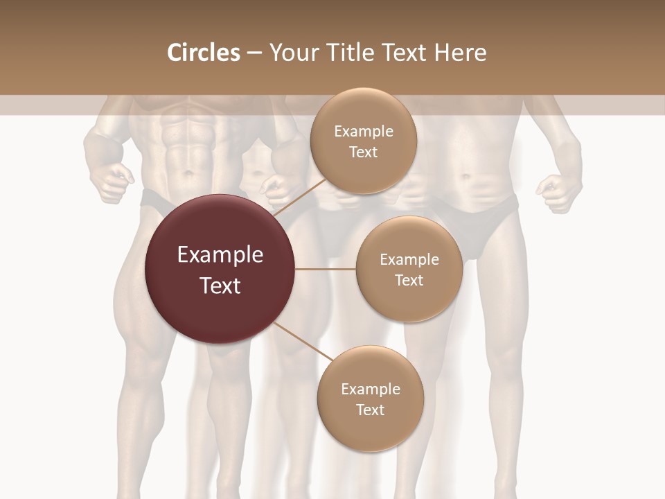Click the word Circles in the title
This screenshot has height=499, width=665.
pyautogui.click(x=204, y=53)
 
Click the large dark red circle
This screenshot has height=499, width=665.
pyautogui.click(x=220, y=269)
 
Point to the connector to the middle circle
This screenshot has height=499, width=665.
pyautogui.click(x=326, y=269)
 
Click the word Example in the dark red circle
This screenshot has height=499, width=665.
pyautogui.click(x=220, y=255)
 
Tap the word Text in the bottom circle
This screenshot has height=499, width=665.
pyautogui.click(x=370, y=410)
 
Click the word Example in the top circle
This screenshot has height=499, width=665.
pyautogui.click(x=364, y=132)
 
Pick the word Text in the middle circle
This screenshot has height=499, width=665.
pyautogui.click(x=409, y=280)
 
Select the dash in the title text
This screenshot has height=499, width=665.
pyautogui.click(x=254, y=53)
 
